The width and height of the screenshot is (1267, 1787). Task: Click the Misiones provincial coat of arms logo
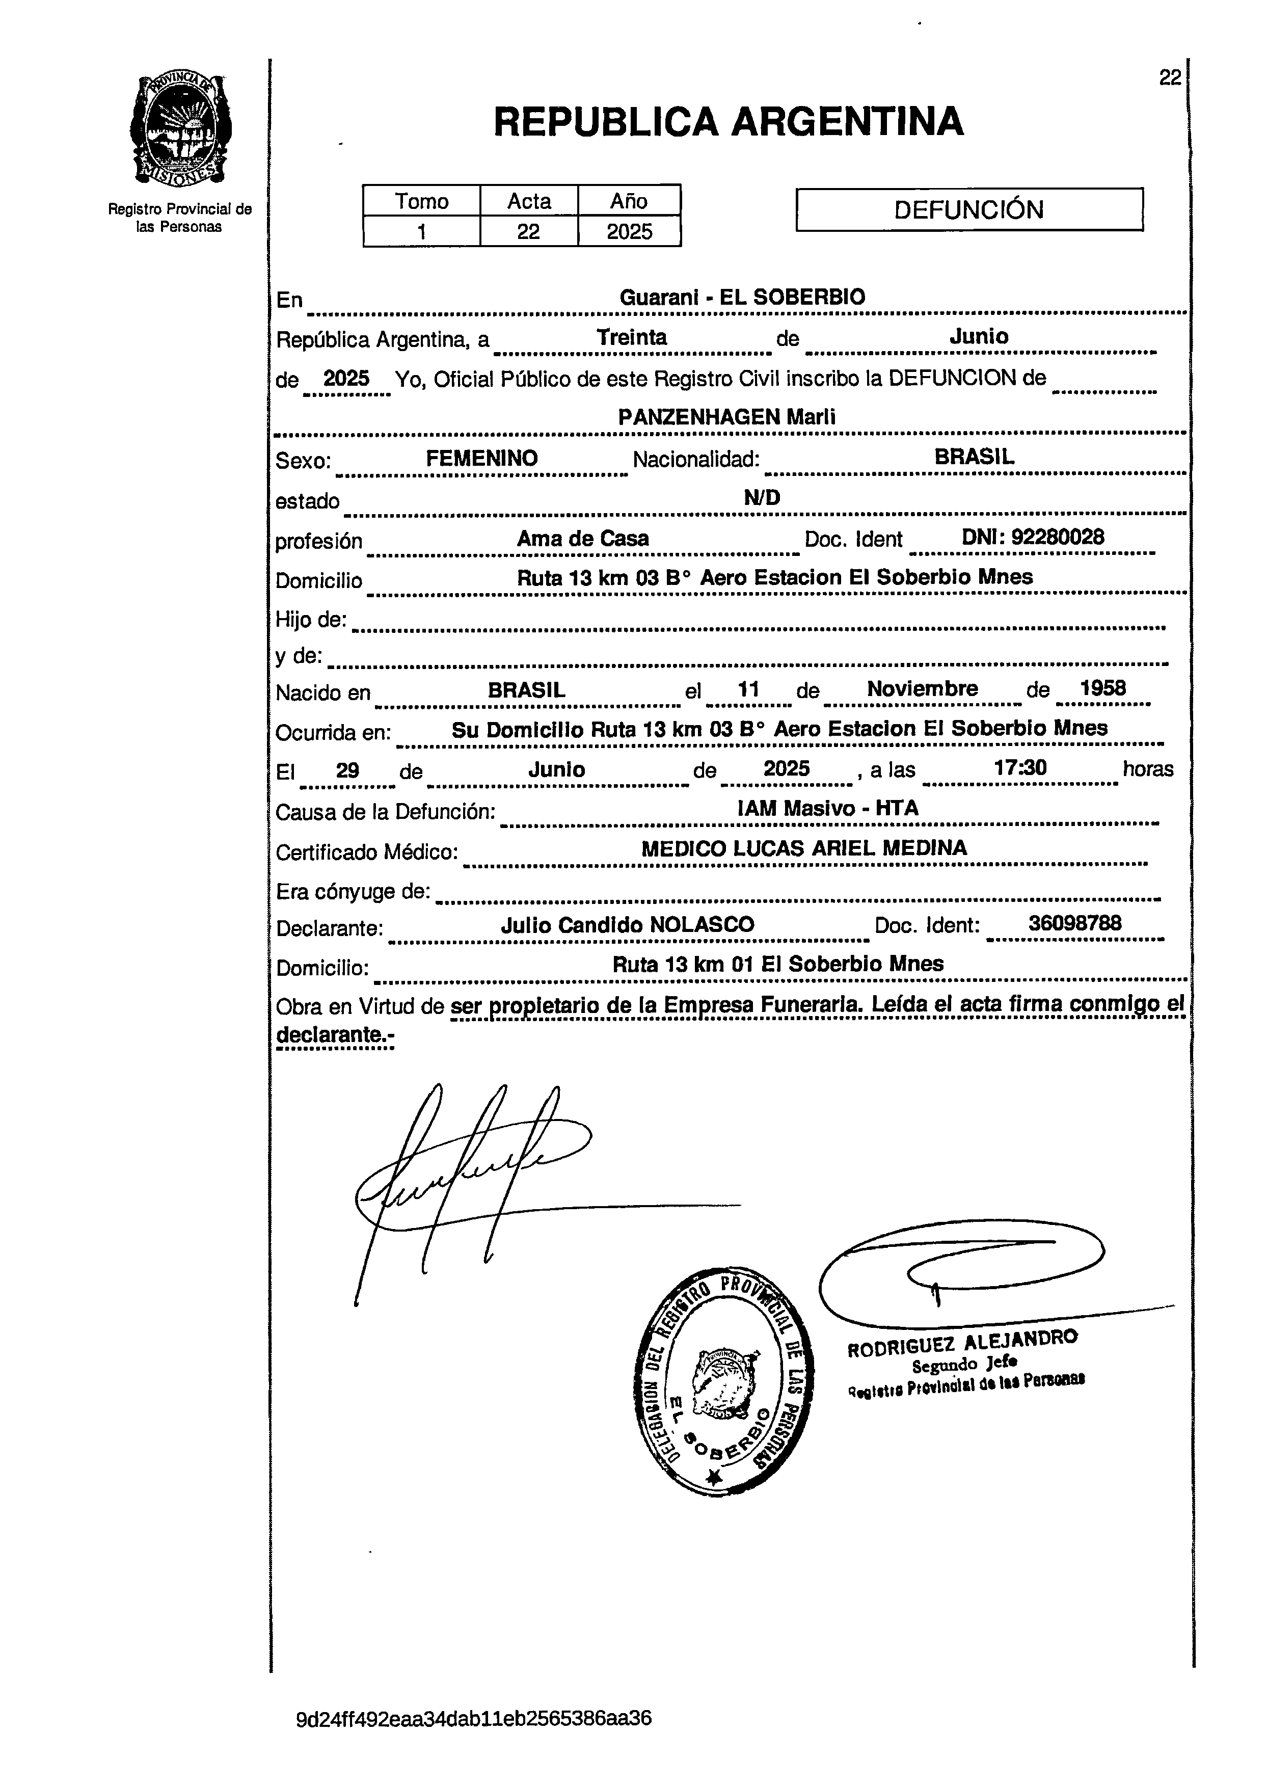[x=180, y=129]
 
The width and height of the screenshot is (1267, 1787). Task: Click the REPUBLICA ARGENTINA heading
[x=729, y=122]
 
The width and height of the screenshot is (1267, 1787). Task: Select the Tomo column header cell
[x=421, y=201]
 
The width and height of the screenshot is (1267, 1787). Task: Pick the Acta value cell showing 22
[x=528, y=232]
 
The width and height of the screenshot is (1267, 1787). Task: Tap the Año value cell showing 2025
[x=629, y=232]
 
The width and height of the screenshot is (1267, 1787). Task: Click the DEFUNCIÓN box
[x=969, y=209]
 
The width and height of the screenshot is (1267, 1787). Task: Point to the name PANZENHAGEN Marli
[x=726, y=417]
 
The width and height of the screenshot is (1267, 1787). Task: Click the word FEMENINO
[x=481, y=458]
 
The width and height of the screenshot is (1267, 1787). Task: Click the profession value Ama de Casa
[x=583, y=539]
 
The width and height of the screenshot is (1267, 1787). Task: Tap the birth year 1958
[x=1102, y=688]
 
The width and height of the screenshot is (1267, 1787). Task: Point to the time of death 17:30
[x=1020, y=768]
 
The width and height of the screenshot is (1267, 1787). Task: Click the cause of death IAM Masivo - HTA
[x=828, y=809]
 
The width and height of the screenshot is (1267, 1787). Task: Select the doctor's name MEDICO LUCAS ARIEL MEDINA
[x=803, y=848]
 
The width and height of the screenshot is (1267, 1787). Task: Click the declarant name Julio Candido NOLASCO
[x=627, y=925]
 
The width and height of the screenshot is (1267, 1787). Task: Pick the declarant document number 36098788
[x=1074, y=923]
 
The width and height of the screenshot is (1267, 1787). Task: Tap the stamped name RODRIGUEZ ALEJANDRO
[x=962, y=1344]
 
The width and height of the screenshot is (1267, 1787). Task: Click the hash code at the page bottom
[x=474, y=1719]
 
